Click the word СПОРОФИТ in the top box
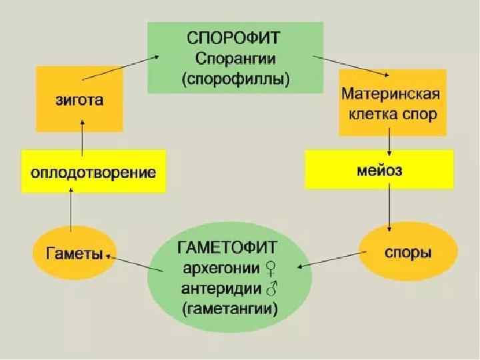[234, 35]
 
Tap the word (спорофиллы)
[235, 79]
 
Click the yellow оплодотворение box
[93, 173]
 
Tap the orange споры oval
[408, 253]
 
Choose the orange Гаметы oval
[73, 254]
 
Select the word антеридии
[220, 289]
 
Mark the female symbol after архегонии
[272, 269]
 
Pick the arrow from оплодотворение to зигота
[81, 135]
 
